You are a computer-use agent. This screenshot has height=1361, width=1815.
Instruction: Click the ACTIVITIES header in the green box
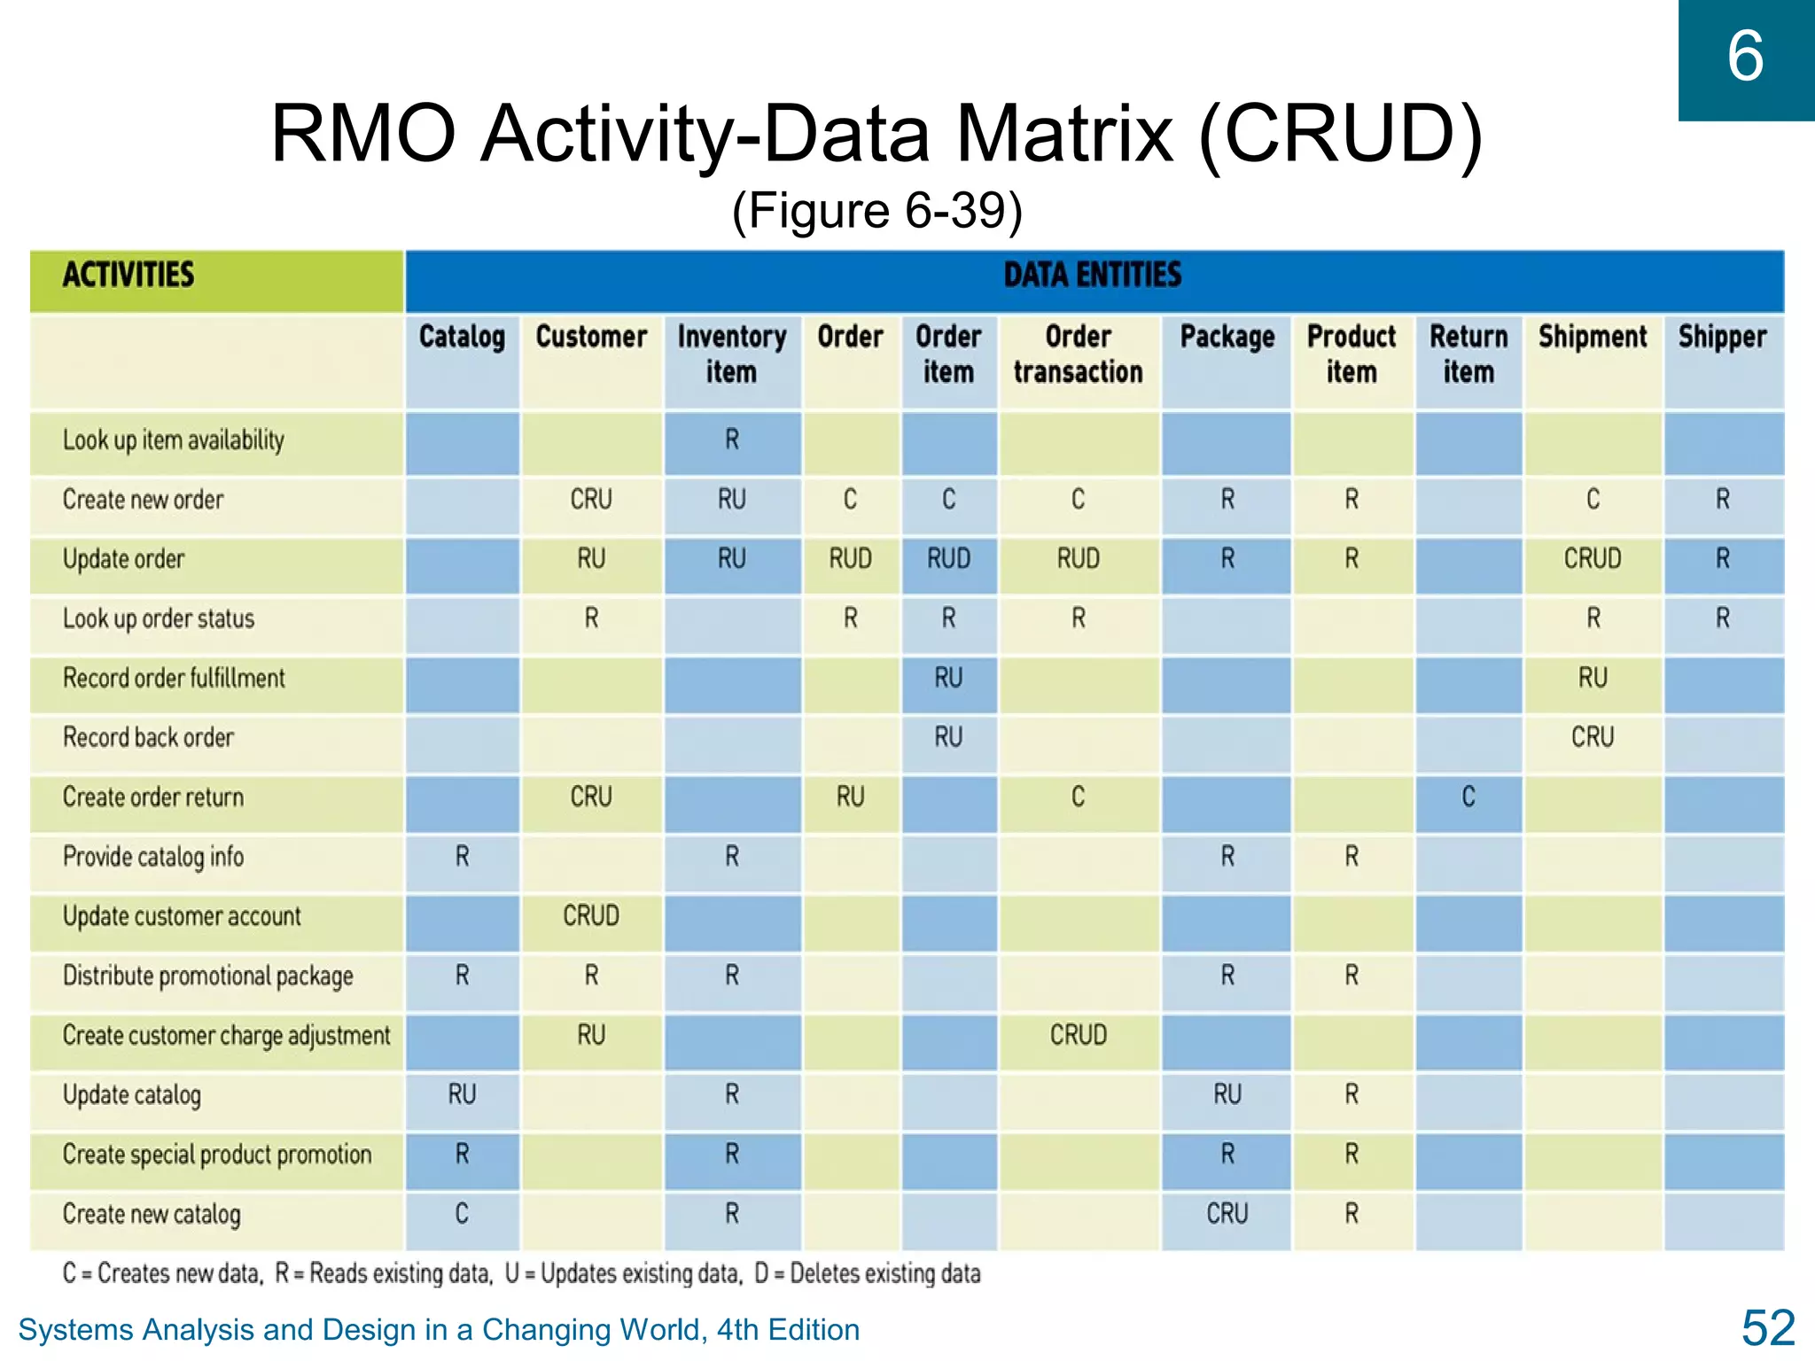tap(129, 275)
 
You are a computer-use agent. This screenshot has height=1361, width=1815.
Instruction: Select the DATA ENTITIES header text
tap(1092, 275)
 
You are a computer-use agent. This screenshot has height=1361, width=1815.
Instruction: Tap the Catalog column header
tap(462, 338)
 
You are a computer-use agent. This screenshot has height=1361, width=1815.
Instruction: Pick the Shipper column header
tap(1722, 338)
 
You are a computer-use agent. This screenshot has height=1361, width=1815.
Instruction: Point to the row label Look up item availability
tap(174, 440)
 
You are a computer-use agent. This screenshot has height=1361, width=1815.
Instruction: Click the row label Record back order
tap(148, 737)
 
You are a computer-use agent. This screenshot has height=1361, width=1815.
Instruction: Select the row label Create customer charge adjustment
tap(226, 1035)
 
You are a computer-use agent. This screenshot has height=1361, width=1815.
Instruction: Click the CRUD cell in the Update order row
tap(1592, 558)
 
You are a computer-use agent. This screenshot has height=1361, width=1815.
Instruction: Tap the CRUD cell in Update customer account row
tap(591, 915)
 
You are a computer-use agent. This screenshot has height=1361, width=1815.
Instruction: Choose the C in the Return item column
tap(1468, 797)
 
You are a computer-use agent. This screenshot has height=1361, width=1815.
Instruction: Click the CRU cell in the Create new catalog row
tap(1227, 1213)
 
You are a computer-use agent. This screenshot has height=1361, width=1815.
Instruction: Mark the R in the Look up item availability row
tap(731, 439)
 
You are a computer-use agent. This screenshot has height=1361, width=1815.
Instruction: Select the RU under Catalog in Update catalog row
tap(462, 1094)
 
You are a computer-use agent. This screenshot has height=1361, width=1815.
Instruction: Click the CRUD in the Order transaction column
tap(1078, 1035)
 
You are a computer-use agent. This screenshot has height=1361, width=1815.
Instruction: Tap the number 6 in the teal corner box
tap(1744, 57)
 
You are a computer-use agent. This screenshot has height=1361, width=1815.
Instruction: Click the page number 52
tap(1767, 1328)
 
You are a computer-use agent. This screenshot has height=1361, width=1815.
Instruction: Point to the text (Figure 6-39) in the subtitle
tap(876, 211)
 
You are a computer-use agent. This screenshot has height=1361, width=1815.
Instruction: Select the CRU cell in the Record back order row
tap(1592, 737)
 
